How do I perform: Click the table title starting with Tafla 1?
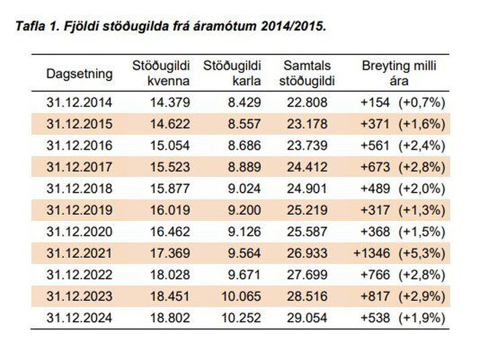(x=171, y=26)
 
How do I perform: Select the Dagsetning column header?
(x=79, y=74)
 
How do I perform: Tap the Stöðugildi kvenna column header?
(x=161, y=73)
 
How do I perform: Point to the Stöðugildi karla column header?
(x=232, y=73)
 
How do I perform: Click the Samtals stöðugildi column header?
(x=307, y=73)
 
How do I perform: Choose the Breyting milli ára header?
(x=399, y=73)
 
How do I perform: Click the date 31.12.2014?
(x=79, y=102)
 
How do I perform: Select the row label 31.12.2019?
(x=79, y=210)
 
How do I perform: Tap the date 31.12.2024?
(x=79, y=318)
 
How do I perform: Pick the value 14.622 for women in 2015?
(x=170, y=124)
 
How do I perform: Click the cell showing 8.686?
(x=245, y=145)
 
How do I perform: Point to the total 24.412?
(x=307, y=167)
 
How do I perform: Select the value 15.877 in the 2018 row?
(x=170, y=189)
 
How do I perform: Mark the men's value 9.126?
(x=245, y=232)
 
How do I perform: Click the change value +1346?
(x=372, y=253)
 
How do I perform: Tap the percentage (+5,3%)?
(x=422, y=253)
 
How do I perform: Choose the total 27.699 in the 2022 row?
(x=307, y=275)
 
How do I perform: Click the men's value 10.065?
(x=241, y=296)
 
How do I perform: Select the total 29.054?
(x=307, y=318)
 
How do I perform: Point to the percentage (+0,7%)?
(x=422, y=102)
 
